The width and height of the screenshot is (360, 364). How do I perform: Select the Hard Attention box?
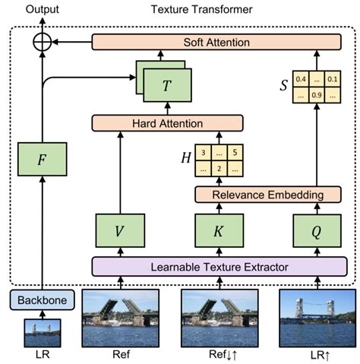tap(167, 122)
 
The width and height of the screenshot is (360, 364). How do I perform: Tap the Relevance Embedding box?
tap(271, 195)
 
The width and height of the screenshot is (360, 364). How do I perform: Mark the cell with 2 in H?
tap(219, 169)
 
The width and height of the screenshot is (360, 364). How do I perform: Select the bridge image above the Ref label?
tap(118, 317)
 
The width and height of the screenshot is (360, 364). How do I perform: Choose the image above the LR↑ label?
tap(317, 317)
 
